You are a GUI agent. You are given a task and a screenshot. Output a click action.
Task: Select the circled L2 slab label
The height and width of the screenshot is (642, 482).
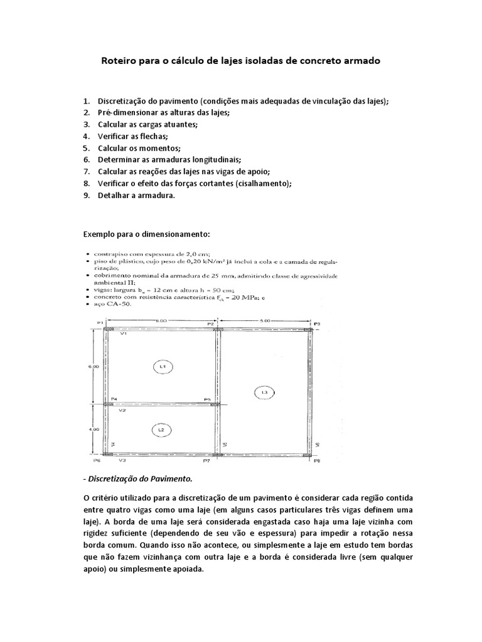click(161, 429)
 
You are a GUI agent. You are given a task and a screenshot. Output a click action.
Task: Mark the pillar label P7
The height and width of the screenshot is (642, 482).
click(206, 461)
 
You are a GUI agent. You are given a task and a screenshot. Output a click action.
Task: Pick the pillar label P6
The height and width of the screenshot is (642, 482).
click(97, 461)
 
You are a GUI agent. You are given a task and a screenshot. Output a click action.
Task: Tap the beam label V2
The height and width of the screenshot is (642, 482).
click(124, 411)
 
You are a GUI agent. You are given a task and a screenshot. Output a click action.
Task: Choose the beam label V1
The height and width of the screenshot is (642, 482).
click(124, 334)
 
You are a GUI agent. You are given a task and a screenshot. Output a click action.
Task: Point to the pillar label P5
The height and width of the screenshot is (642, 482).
click(206, 399)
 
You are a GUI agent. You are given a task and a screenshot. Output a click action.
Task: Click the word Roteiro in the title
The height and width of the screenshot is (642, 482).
click(120, 62)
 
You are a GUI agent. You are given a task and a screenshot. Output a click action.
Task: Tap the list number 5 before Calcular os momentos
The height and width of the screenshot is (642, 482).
click(86, 148)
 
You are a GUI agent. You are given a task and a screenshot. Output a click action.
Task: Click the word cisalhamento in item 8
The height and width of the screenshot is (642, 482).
click(264, 184)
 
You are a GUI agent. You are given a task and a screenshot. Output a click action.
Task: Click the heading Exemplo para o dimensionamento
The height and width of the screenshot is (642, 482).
click(147, 234)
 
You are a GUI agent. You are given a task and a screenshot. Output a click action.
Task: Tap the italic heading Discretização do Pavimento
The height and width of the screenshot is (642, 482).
click(138, 479)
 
